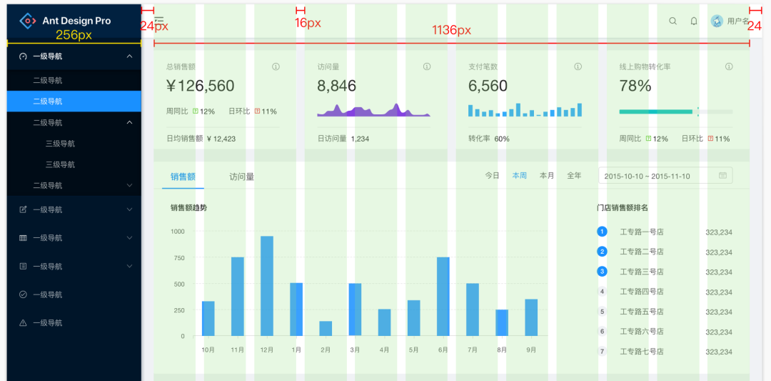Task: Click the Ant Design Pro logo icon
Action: pos(27,21)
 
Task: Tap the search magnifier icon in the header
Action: pos(672,21)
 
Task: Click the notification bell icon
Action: pos(693,21)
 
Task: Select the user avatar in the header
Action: pos(717,21)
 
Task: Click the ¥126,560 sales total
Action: pos(200,86)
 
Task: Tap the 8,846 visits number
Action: pos(336,86)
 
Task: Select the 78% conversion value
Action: pos(635,86)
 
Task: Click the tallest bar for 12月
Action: pos(267,286)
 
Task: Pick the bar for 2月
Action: pos(326,328)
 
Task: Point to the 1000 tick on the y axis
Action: pos(177,232)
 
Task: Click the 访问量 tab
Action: pos(241,177)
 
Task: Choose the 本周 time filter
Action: pos(519,175)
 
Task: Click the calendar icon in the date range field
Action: pos(722,175)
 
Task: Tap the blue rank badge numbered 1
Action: pos(602,232)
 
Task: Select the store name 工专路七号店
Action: pos(642,352)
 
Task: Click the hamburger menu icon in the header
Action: pos(159,21)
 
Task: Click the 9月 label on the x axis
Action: pos(531,350)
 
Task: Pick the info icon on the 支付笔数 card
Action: pos(578,66)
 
